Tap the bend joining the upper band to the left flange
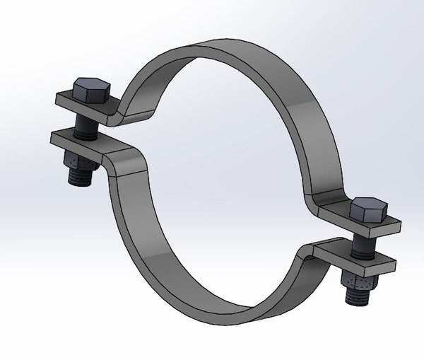click(x=131, y=99)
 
